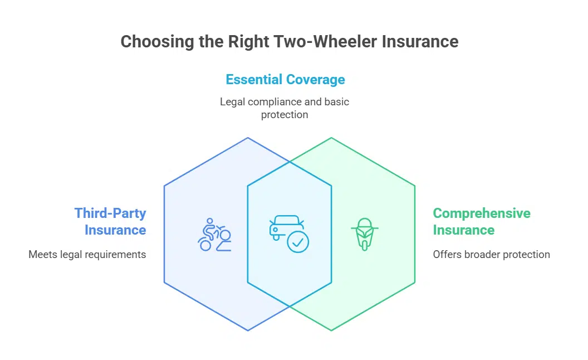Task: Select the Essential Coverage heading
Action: [x=285, y=79]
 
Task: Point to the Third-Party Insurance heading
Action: [x=110, y=221]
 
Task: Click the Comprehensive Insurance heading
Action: [x=482, y=221]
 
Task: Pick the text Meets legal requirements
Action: [x=87, y=255]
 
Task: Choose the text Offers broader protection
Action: [x=491, y=255]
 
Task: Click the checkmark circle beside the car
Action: [x=298, y=241]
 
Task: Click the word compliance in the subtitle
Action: [x=272, y=102]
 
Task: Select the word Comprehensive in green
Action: [x=482, y=213]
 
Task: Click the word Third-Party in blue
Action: [x=110, y=213]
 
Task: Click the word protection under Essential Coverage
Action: [x=284, y=114]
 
